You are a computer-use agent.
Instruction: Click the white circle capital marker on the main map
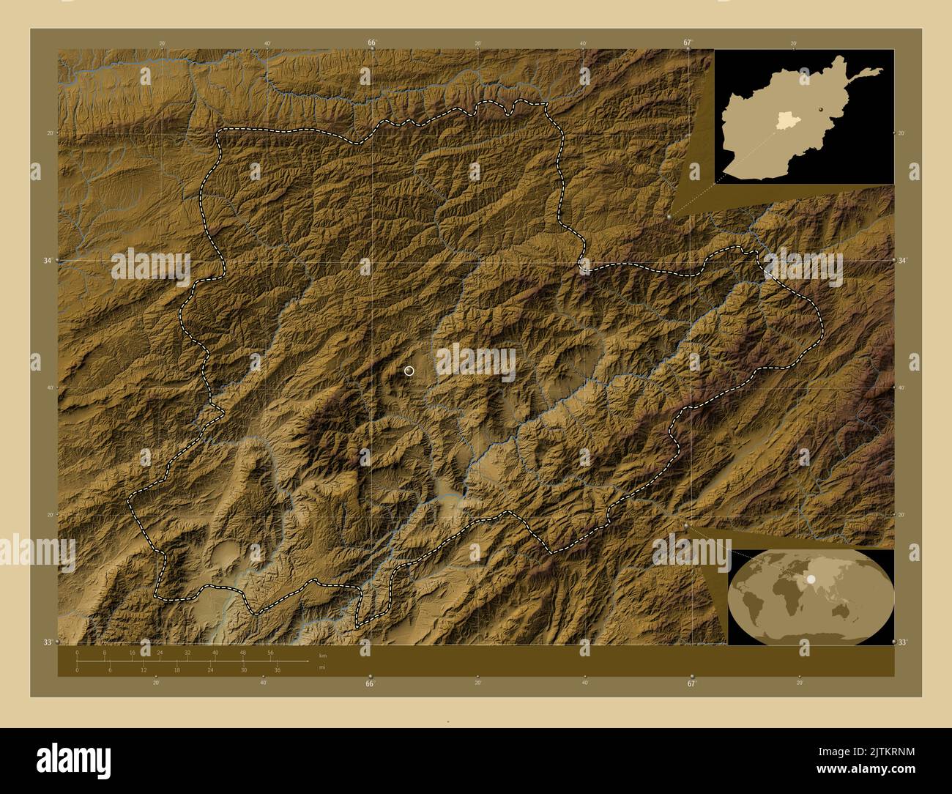click(x=409, y=371)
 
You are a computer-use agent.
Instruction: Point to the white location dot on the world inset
click(x=811, y=579)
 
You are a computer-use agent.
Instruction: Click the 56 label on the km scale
click(x=270, y=652)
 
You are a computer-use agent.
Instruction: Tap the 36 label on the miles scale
click(x=277, y=669)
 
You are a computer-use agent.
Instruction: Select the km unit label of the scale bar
click(x=322, y=655)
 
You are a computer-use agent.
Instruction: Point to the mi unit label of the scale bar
click(x=321, y=667)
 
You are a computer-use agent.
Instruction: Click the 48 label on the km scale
click(x=243, y=652)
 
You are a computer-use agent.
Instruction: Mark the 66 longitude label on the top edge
click(x=371, y=42)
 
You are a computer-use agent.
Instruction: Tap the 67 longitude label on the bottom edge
click(x=691, y=684)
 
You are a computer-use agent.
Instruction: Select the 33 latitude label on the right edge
click(x=903, y=642)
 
